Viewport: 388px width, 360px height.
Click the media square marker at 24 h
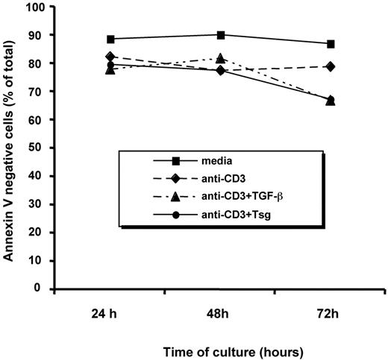[x=110, y=39]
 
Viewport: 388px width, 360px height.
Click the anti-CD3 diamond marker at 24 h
[x=110, y=57]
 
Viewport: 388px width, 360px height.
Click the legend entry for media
[x=211, y=160]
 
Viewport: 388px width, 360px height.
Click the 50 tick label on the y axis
[x=37, y=148]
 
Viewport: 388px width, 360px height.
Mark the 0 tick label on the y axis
[x=40, y=288]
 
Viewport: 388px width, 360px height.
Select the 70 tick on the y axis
[x=37, y=92]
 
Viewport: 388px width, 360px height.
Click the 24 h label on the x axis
[x=110, y=309]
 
